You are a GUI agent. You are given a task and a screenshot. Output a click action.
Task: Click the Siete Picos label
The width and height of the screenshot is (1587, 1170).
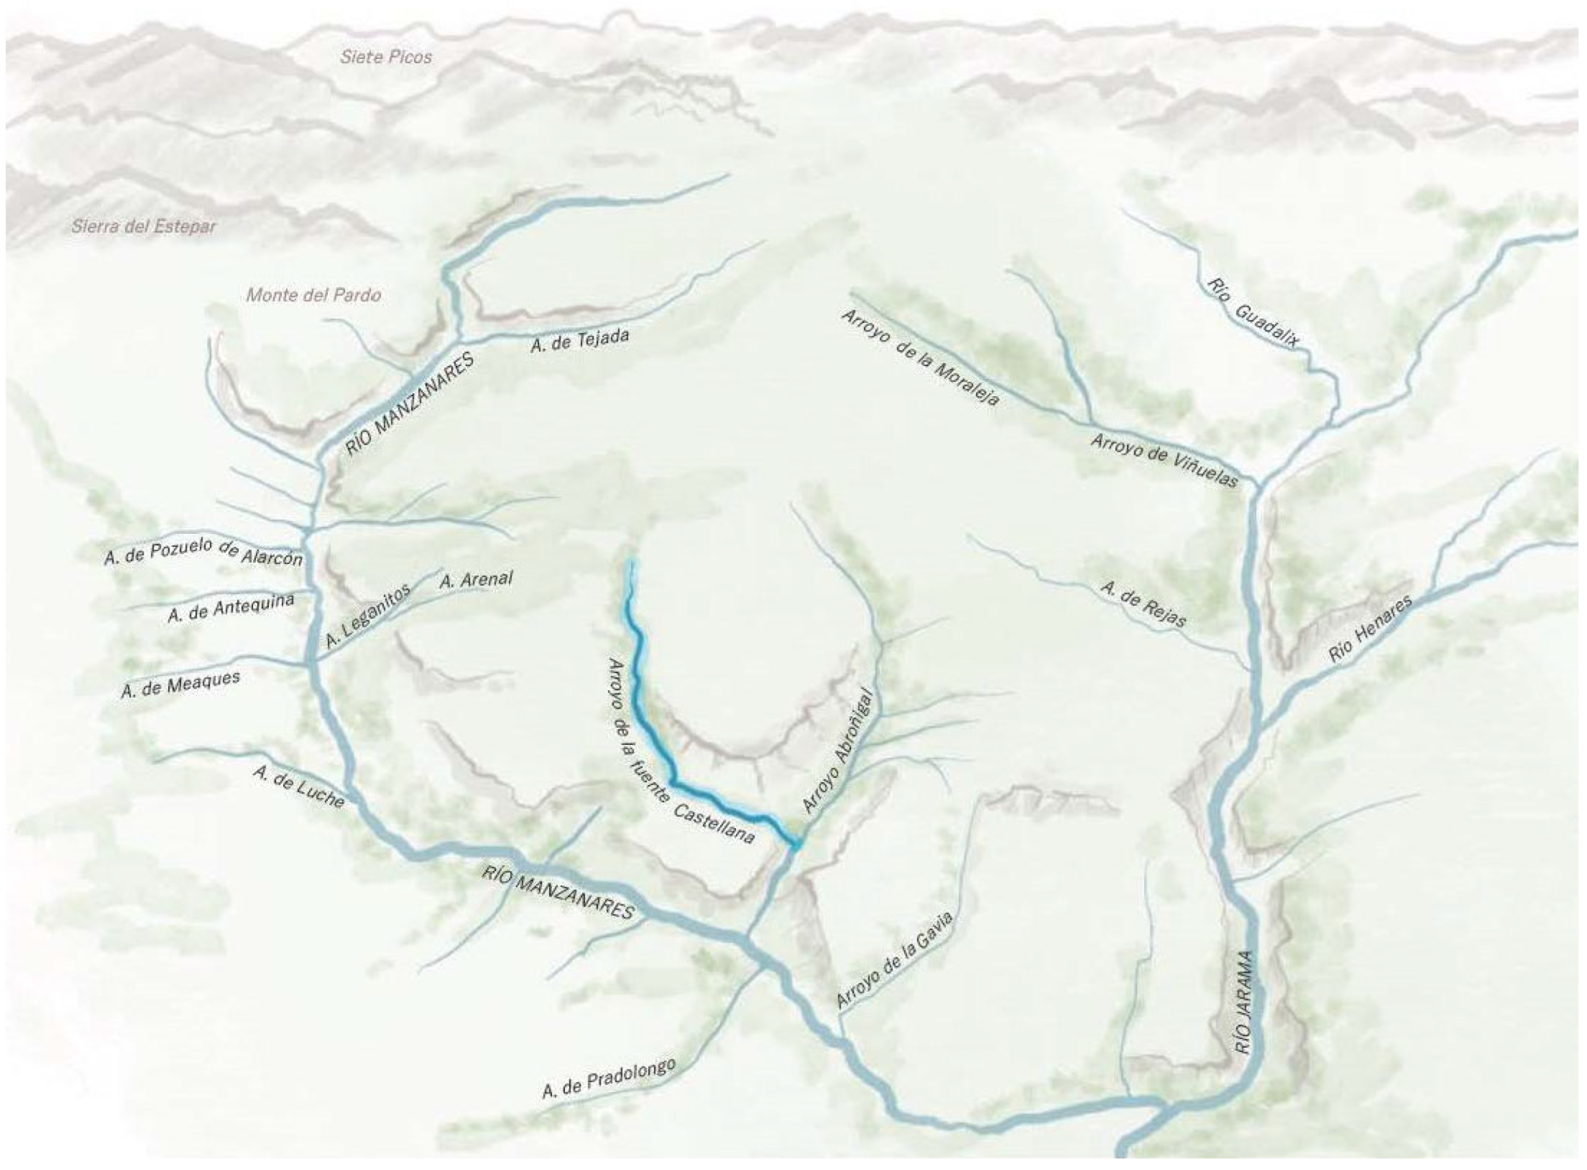(385, 58)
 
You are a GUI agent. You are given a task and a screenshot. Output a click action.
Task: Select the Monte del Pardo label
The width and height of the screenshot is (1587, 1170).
(313, 295)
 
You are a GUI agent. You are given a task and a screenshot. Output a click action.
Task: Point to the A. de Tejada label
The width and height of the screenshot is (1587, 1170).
(580, 341)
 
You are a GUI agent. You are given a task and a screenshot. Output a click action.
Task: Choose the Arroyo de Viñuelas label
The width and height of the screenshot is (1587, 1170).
(1163, 460)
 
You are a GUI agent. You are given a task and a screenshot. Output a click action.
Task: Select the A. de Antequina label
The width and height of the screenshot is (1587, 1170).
(231, 607)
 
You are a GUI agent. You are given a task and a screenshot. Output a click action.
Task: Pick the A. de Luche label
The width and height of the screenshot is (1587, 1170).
(299, 787)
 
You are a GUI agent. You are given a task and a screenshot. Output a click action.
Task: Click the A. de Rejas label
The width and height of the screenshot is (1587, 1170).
(1143, 603)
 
